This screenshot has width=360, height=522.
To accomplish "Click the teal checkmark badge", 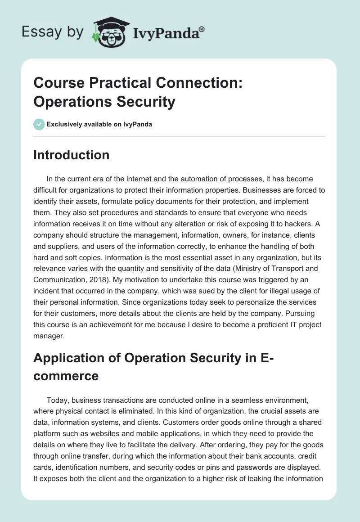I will (x=39, y=124).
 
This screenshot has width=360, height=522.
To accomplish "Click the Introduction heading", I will (x=72, y=155).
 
